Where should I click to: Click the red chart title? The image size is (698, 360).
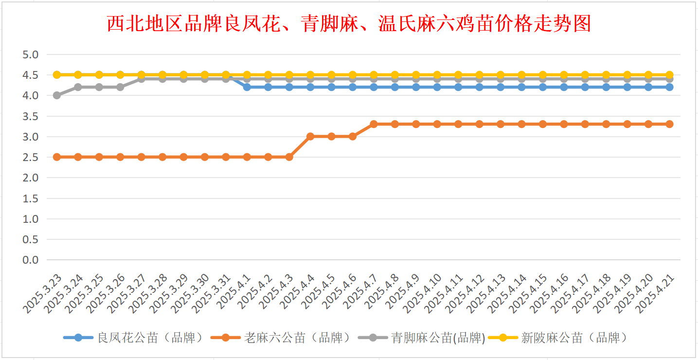pos(349,24)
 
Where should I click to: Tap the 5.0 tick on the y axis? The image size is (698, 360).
pos(30,54)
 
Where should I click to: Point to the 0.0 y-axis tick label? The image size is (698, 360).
pos(30,260)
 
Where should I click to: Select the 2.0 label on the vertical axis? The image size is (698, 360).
pos(30,178)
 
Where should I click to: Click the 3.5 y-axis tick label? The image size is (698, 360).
pos(30,116)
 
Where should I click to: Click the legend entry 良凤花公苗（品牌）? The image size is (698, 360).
pos(133,338)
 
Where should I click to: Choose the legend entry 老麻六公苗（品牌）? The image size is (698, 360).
pos(280,338)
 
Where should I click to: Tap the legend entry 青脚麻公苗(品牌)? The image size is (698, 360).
pos(422,338)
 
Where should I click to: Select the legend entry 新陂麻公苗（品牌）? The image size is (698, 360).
pos(558,338)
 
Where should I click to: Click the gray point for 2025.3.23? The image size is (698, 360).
pos(57,95)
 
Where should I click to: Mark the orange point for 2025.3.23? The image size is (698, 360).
pos(57,157)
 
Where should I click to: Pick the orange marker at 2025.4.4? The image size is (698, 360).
pos(310,137)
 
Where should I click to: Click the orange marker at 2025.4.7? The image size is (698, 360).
pos(374,124)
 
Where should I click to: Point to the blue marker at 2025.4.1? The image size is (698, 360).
pos(247,87)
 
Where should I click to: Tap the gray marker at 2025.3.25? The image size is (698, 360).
pos(99,87)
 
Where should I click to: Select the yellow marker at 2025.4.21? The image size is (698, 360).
pos(669,75)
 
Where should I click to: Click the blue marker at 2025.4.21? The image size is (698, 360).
pos(669,87)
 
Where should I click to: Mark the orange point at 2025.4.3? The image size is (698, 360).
pos(289,157)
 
